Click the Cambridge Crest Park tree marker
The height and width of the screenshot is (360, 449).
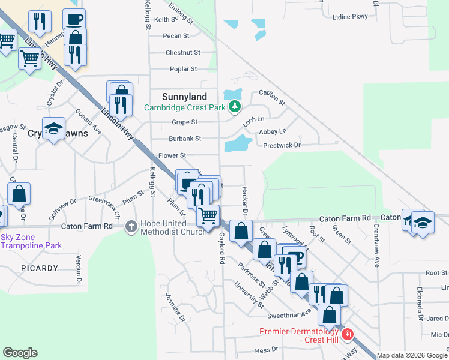coord(235,107)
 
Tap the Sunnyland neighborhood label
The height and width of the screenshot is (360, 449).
coord(184,97)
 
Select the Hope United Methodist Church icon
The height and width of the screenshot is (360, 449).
coord(131,227)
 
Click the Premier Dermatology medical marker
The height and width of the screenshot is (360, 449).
coord(346,335)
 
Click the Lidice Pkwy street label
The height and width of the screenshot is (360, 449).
coord(349,17)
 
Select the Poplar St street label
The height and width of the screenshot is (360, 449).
coord(184,69)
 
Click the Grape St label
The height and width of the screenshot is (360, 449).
coord(185,122)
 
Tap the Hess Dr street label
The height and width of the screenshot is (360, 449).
coord(267,349)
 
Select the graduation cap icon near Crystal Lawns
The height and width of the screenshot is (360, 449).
coord(53,128)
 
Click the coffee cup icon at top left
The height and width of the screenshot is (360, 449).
coord(74,19)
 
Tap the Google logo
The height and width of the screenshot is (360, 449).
coord(20,353)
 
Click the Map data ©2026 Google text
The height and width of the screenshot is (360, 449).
coord(412,355)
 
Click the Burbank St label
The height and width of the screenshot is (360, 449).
coord(184,138)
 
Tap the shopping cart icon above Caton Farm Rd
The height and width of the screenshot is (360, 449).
coord(208,215)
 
